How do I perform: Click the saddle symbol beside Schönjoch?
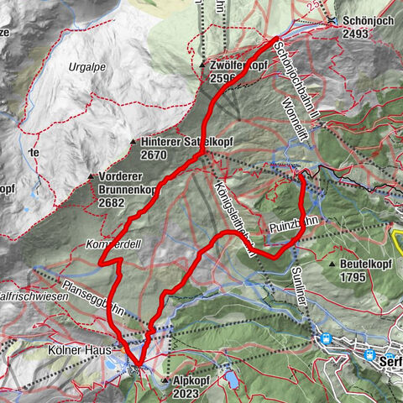[x=334, y=21]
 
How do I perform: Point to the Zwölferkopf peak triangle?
[x=202, y=64]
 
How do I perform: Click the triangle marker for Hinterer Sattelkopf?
[x=133, y=142]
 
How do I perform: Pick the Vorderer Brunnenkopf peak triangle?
[x=91, y=176]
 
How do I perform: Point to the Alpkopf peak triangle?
[x=165, y=379]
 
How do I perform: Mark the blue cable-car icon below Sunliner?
[x=324, y=339]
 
